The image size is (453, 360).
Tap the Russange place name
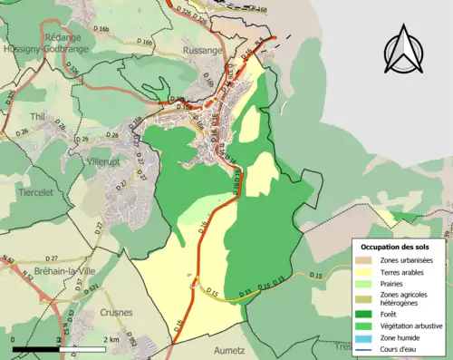point(201,52)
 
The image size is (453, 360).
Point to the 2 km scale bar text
point(111,339)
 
